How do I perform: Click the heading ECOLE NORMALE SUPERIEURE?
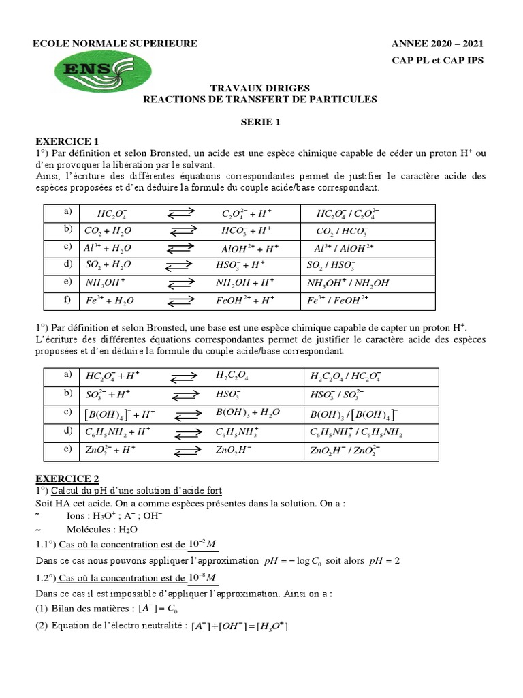click(x=116, y=44)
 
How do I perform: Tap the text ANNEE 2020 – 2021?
click(x=437, y=44)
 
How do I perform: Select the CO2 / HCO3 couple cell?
click(x=343, y=231)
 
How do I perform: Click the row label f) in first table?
click(x=67, y=299)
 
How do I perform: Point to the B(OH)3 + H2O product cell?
click(x=247, y=413)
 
